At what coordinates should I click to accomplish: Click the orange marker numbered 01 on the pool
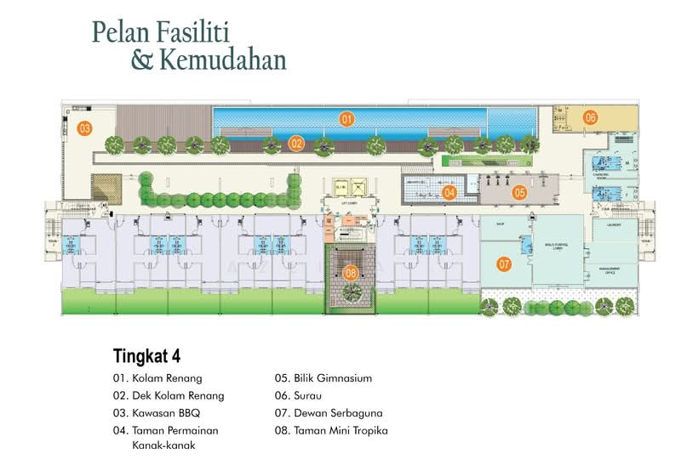pyautogui.click(x=346, y=119)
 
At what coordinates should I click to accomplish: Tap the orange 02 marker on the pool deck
pyautogui.click(x=295, y=144)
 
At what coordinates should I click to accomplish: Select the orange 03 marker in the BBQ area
pyautogui.click(x=84, y=129)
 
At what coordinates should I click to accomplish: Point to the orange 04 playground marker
pyautogui.click(x=449, y=192)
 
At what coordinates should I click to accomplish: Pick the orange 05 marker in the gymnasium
pyautogui.click(x=519, y=192)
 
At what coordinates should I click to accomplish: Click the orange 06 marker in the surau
pyautogui.click(x=590, y=117)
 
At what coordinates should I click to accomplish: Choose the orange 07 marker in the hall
pyautogui.click(x=504, y=264)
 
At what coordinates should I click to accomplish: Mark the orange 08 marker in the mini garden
pyautogui.click(x=350, y=273)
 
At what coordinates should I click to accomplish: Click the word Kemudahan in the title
pyautogui.click(x=223, y=60)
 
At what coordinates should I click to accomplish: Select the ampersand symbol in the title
pyautogui.click(x=141, y=60)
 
